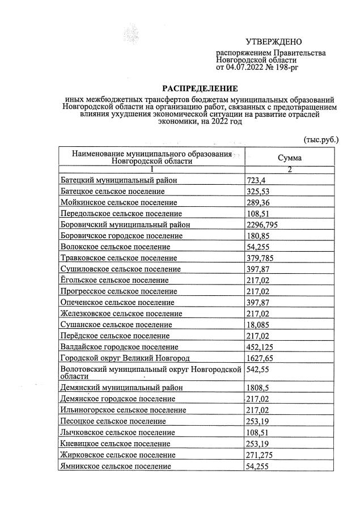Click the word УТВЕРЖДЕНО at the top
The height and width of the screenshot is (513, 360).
(x=274, y=42)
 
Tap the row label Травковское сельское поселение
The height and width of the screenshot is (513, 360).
(x=120, y=258)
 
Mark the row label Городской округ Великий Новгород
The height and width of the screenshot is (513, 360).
(x=125, y=358)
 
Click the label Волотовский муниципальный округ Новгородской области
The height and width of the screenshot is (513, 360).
(x=151, y=372)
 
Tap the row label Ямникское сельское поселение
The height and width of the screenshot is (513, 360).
(x=115, y=466)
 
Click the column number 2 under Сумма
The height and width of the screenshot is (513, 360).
(x=289, y=169)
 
